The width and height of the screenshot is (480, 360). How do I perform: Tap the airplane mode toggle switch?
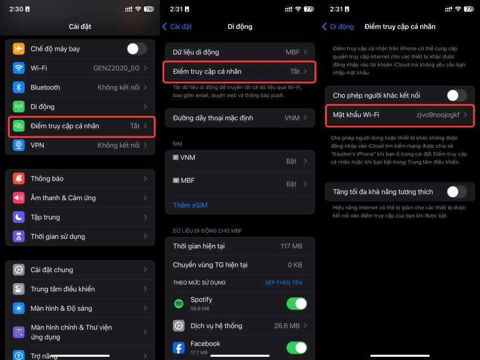tap(136, 49)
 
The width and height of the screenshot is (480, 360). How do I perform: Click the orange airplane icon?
tap(19, 49)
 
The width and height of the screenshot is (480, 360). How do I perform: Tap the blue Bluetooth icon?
tap(19, 87)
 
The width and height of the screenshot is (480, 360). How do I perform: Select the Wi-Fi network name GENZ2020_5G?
tap(116, 68)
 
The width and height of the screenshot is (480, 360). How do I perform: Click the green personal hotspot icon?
tap(19, 126)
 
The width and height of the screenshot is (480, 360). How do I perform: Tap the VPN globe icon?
tap(19, 145)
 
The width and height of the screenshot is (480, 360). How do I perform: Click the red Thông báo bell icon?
tap(19, 178)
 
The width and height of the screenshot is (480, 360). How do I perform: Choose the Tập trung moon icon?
tap(19, 217)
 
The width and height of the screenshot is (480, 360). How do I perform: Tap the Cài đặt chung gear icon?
tap(19, 269)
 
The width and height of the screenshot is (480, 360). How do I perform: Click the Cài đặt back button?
tap(177, 26)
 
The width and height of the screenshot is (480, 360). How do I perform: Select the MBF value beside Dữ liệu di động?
tap(293, 52)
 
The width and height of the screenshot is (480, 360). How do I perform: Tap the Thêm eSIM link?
tap(190, 205)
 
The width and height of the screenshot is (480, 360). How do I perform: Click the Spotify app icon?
tap(178, 303)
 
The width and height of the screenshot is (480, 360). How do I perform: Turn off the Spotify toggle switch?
tap(297, 303)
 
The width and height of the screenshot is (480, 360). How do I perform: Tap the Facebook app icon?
tap(178, 347)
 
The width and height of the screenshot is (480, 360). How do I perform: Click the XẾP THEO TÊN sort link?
tap(283, 283)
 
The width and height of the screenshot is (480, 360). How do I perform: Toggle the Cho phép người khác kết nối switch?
tap(457, 95)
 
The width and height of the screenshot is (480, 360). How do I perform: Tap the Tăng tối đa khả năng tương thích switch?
tap(457, 191)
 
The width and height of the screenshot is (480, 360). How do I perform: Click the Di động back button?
tap(338, 26)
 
